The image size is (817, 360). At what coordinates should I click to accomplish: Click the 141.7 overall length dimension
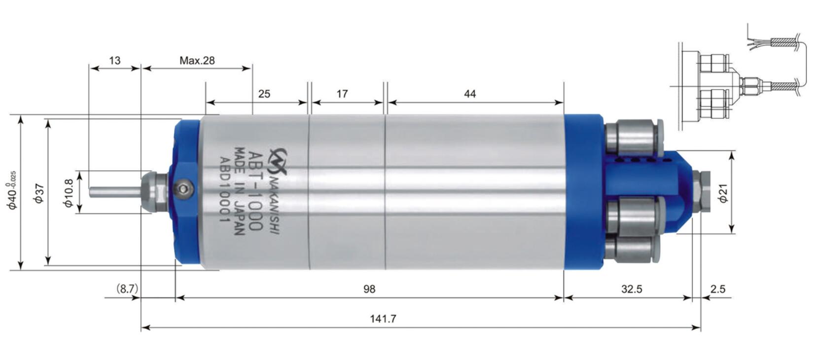coord(383,319)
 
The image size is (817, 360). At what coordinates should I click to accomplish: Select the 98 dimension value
coord(369,289)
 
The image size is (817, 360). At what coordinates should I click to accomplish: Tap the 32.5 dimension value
coord(631,289)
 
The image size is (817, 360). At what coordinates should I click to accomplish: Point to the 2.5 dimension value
coord(717,289)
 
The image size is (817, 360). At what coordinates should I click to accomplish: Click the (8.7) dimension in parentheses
coord(127,289)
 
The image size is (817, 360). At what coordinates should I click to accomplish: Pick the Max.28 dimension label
coord(197,61)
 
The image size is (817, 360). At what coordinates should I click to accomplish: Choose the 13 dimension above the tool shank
coord(114,61)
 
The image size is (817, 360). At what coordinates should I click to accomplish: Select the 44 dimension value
coord(470,94)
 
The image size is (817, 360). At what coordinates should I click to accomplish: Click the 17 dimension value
coord(342,94)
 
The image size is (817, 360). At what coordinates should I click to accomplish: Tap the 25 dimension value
coord(264,94)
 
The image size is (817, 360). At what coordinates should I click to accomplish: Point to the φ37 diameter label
coord(39,193)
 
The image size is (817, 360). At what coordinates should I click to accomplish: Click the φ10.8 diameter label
coord(69,193)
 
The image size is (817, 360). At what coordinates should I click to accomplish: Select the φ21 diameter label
coord(723,193)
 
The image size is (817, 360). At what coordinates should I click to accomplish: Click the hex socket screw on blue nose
coord(183,189)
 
